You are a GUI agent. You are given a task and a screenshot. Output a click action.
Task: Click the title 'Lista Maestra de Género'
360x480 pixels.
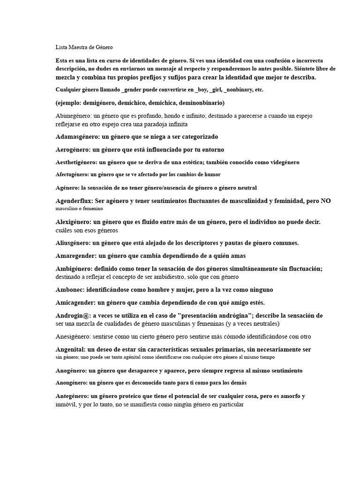coord(84,47)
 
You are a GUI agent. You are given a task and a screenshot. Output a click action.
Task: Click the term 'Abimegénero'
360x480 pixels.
coord(73,115)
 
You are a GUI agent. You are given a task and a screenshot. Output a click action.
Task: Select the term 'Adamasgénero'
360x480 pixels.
coord(74,137)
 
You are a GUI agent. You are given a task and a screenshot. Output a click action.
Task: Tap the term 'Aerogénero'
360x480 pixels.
coord(72,150)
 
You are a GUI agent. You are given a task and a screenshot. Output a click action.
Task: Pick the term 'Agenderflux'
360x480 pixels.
coord(74,201)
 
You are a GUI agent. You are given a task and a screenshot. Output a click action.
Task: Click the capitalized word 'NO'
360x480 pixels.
coord(325,201)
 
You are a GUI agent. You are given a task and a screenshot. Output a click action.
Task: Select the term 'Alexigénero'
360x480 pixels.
coord(73,221)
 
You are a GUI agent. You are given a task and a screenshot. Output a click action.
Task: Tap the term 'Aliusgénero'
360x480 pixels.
coord(73,243)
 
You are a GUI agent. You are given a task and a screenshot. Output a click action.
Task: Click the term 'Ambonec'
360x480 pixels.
coord(69,290)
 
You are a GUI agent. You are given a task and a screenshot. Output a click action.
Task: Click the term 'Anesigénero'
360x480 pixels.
coord(73,337)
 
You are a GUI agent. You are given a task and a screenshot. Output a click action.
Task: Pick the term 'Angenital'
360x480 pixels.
coord(70,349)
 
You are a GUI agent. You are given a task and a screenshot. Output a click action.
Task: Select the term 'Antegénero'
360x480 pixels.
coord(72,396)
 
